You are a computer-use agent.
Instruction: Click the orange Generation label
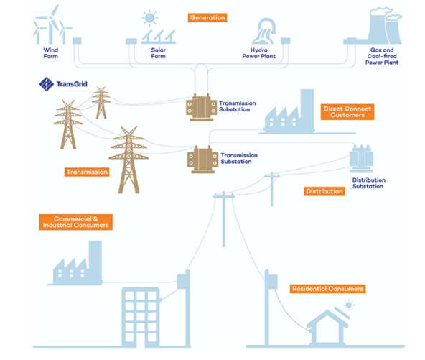[207, 18]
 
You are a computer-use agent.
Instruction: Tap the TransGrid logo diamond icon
[47, 84]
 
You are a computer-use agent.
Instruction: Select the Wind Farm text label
[51, 53]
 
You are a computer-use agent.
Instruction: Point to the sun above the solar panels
[149, 18]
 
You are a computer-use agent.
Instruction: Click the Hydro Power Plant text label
[259, 53]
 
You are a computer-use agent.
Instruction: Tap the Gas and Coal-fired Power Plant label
[382, 56]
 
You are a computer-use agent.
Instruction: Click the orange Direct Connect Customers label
[347, 112]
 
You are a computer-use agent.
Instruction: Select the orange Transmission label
[87, 172]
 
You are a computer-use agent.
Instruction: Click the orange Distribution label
[324, 191]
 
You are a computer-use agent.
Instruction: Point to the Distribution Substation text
[368, 183]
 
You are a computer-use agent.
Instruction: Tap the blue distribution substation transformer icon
[361, 159]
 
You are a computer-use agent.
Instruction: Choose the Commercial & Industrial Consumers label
[75, 222]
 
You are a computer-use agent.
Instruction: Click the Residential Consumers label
[327, 289]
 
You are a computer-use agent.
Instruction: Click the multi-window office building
[141, 318]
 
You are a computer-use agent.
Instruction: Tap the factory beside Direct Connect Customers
[289, 112]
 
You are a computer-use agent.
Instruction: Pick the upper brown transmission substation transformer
[202, 108]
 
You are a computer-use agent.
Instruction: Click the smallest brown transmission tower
[101, 103]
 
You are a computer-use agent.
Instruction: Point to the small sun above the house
[349, 305]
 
